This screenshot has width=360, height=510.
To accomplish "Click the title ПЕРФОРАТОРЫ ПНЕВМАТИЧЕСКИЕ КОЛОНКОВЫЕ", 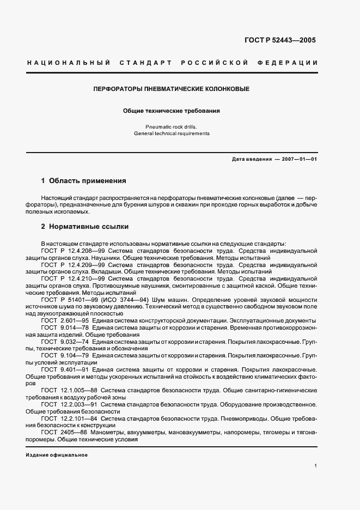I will [x=171, y=88].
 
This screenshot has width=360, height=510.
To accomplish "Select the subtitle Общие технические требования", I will [x=171, y=111].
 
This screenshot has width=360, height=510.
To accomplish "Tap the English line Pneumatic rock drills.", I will [x=171, y=126].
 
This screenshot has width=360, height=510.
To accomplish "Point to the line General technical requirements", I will [x=171, y=133].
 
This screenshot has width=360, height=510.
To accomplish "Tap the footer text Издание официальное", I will [x=57, y=455].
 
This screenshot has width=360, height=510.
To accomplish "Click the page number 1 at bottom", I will [x=316, y=466].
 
